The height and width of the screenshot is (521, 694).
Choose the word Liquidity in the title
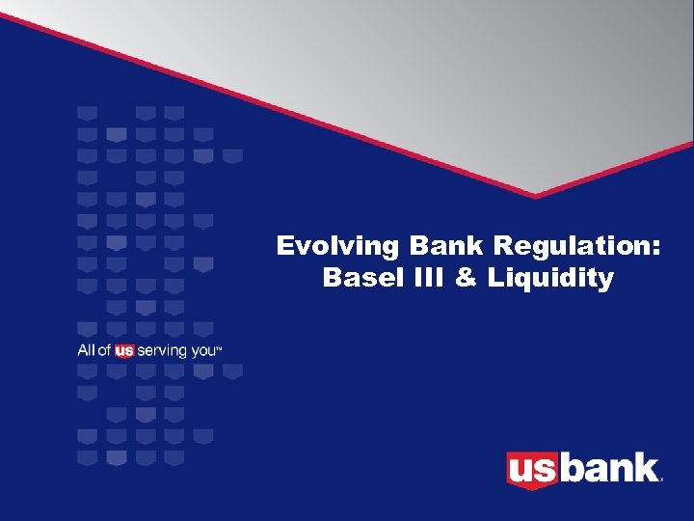point(550,279)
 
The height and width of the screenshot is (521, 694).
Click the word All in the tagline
point(86,350)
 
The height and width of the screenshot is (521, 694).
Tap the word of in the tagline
point(105,350)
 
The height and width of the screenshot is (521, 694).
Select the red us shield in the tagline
point(124,351)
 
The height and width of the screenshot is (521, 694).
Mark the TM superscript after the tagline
point(220,347)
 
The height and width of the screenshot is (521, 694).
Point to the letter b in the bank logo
point(571,468)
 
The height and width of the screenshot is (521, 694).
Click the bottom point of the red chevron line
point(536,197)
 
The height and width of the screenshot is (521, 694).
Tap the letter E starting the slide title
point(284,246)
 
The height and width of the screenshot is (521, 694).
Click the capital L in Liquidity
point(494,279)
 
